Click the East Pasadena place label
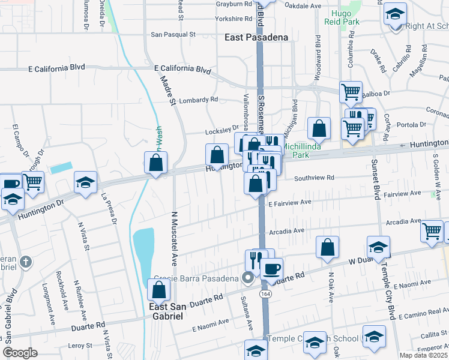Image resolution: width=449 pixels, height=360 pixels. (256, 37)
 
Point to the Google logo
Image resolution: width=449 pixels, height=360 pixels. (20, 353)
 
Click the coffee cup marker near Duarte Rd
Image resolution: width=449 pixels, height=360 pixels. (271, 268)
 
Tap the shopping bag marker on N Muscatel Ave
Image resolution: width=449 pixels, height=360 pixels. (159, 291)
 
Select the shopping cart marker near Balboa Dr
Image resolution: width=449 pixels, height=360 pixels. (351, 92)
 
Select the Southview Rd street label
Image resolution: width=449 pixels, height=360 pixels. (313, 178)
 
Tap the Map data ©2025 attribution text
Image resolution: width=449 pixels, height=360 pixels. (424, 355)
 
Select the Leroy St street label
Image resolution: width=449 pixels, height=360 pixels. (79, 345)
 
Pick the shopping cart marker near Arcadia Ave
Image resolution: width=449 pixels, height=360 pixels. (432, 231)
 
